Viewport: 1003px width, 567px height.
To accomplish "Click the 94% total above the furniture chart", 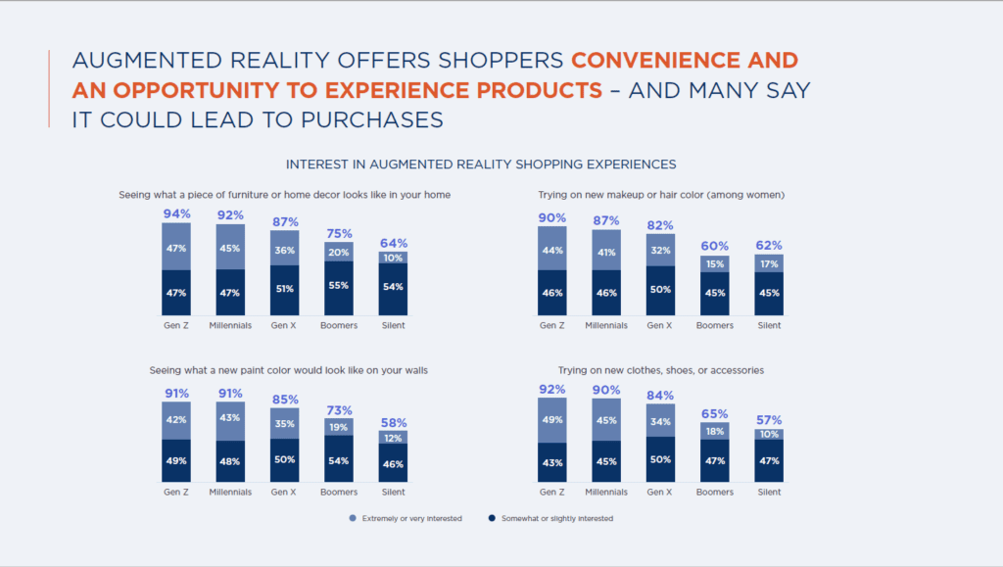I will (x=176, y=213).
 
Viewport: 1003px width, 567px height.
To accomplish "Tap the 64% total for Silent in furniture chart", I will (x=394, y=243).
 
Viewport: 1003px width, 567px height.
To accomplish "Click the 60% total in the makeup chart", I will (x=714, y=247).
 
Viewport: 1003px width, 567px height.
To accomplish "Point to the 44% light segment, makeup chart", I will (x=551, y=251).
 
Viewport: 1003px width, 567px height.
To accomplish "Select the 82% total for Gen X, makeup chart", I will (x=660, y=224).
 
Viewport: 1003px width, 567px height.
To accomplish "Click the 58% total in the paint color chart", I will (x=394, y=422).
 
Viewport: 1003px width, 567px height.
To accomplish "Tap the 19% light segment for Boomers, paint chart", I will (x=339, y=427).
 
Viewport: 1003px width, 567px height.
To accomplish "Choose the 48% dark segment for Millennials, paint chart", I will (x=231, y=461).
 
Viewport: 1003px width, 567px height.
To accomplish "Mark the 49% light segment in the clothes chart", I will (x=551, y=420).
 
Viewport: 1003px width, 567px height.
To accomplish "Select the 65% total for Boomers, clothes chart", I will (x=714, y=414).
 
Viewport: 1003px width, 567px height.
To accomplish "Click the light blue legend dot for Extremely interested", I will (x=352, y=518).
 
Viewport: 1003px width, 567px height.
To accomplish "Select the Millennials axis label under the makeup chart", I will (x=606, y=325).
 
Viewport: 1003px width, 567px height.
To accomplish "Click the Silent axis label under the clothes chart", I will (x=769, y=492).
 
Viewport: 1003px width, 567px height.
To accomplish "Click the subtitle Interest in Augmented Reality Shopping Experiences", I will (x=480, y=164).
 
